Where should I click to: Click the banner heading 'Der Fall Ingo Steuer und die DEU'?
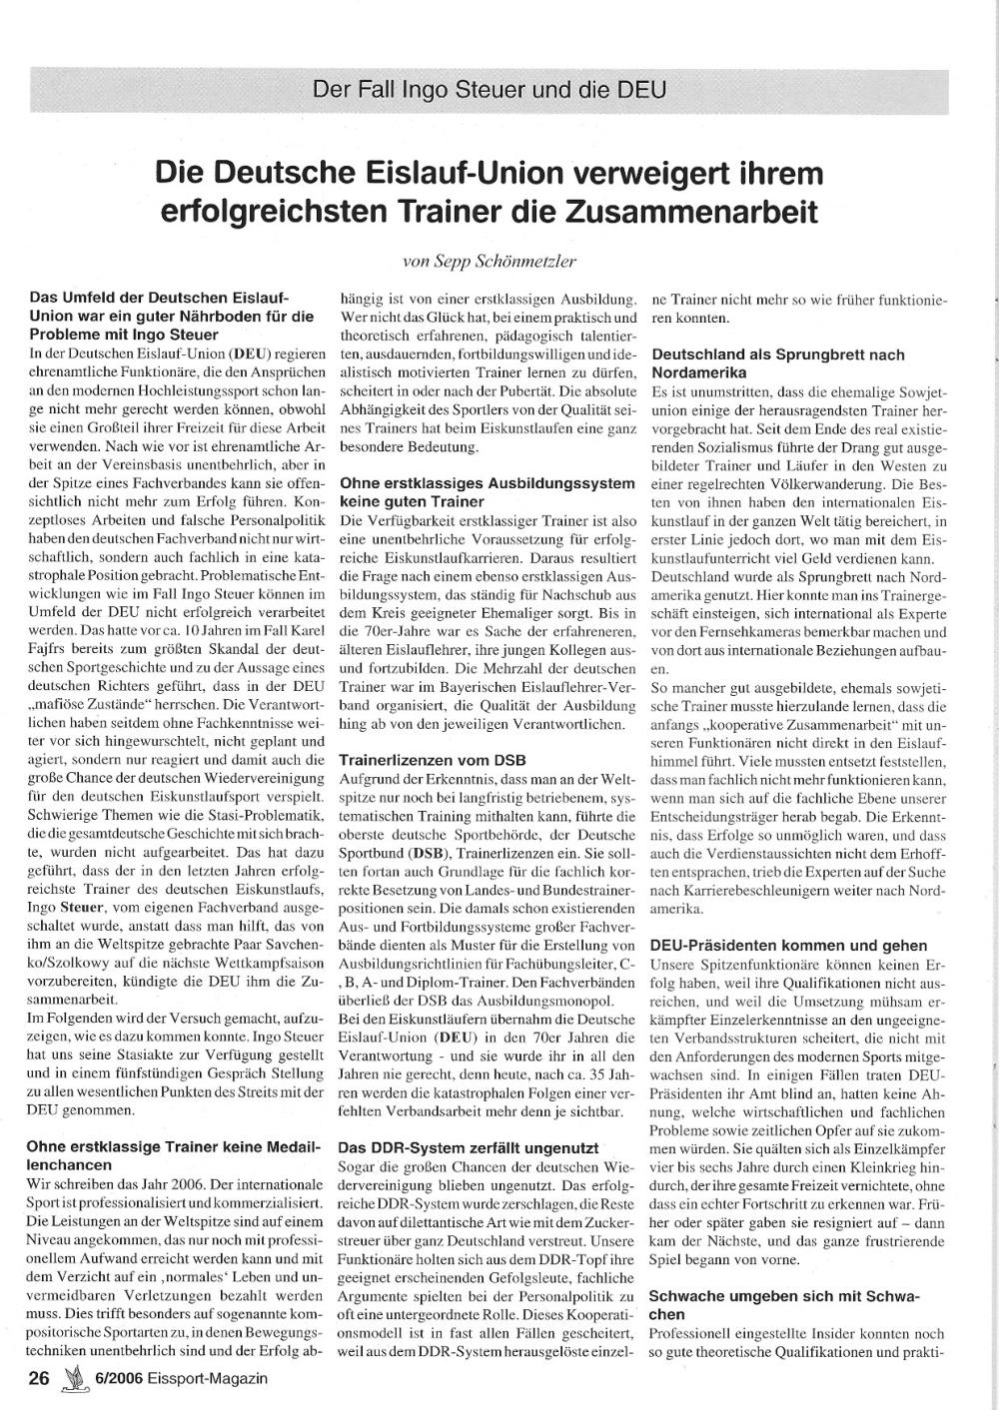490,89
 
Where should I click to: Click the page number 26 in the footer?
40,1379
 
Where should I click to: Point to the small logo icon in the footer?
74,1380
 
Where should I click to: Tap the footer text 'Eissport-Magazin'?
210,1379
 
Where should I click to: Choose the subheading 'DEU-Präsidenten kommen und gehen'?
788,946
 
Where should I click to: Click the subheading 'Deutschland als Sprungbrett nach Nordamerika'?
777,363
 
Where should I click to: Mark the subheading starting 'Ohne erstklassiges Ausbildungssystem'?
487,492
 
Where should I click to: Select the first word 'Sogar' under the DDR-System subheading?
358,1166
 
